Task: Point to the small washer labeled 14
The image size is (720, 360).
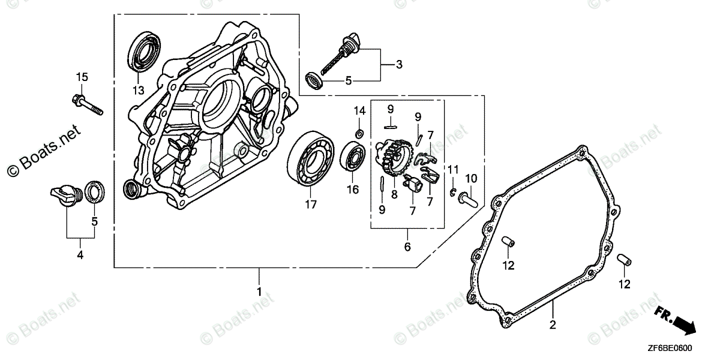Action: click(x=359, y=132)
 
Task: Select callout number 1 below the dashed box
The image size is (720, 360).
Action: click(x=259, y=292)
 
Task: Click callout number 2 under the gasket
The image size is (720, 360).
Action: click(x=553, y=326)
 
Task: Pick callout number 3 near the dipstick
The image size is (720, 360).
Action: click(x=399, y=64)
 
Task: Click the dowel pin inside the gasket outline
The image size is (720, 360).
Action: click(x=509, y=242)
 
